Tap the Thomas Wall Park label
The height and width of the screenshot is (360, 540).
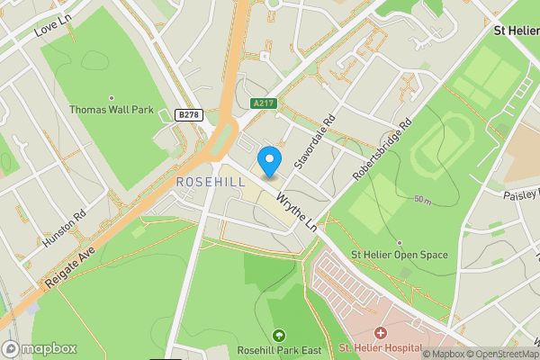click(112, 110)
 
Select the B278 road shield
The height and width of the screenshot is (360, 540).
click(188, 114)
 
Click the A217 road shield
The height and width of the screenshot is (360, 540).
click(263, 103)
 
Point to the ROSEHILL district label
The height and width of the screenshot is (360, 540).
click(210, 182)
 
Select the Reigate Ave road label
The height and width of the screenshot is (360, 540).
click(67, 265)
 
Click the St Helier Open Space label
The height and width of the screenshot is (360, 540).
click(399, 255)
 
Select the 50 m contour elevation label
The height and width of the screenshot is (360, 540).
click(422, 199)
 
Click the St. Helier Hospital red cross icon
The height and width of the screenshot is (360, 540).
click(381, 334)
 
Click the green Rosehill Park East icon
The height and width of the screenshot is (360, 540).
click(277, 335)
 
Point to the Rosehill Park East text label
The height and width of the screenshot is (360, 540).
click(277, 349)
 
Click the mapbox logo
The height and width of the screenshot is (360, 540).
click(40, 348)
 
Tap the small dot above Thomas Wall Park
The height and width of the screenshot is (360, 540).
click(112, 98)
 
